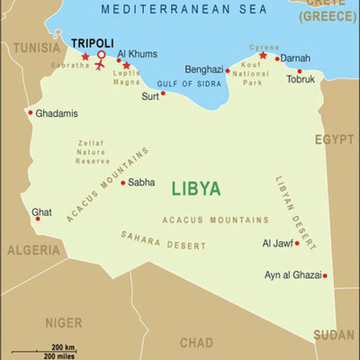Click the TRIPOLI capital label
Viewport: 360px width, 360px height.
pyautogui.click(x=92, y=42)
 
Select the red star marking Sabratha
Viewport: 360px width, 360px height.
pyautogui.click(x=85, y=57)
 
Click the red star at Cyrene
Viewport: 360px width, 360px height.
pyautogui.click(x=263, y=55)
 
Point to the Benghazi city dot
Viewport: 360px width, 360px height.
pyautogui.click(x=227, y=70)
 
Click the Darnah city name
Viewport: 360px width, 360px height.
pyautogui.click(x=295, y=58)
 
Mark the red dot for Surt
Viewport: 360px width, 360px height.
pyautogui.click(x=163, y=93)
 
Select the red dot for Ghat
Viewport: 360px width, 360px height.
pyautogui.click(x=38, y=219)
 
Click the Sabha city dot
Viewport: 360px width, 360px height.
pyautogui.click(x=123, y=182)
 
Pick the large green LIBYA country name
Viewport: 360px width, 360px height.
pyautogui.click(x=195, y=188)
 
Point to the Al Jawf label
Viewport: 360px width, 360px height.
pyautogui.click(x=276, y=243)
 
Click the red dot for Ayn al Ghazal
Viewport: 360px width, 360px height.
pyautogui.click(x=325, y=276)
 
